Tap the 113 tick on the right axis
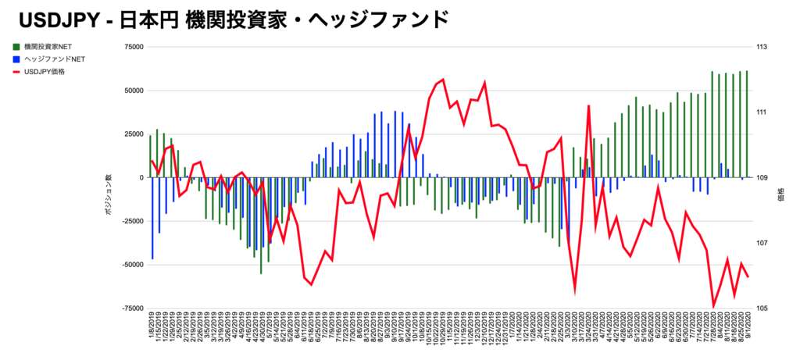click(762, 47)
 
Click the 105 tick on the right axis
click(762, 308)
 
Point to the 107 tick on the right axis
click(762, 243)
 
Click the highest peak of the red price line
click(444, 79)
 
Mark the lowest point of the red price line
click(713, 306)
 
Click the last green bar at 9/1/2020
click(747, 124)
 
